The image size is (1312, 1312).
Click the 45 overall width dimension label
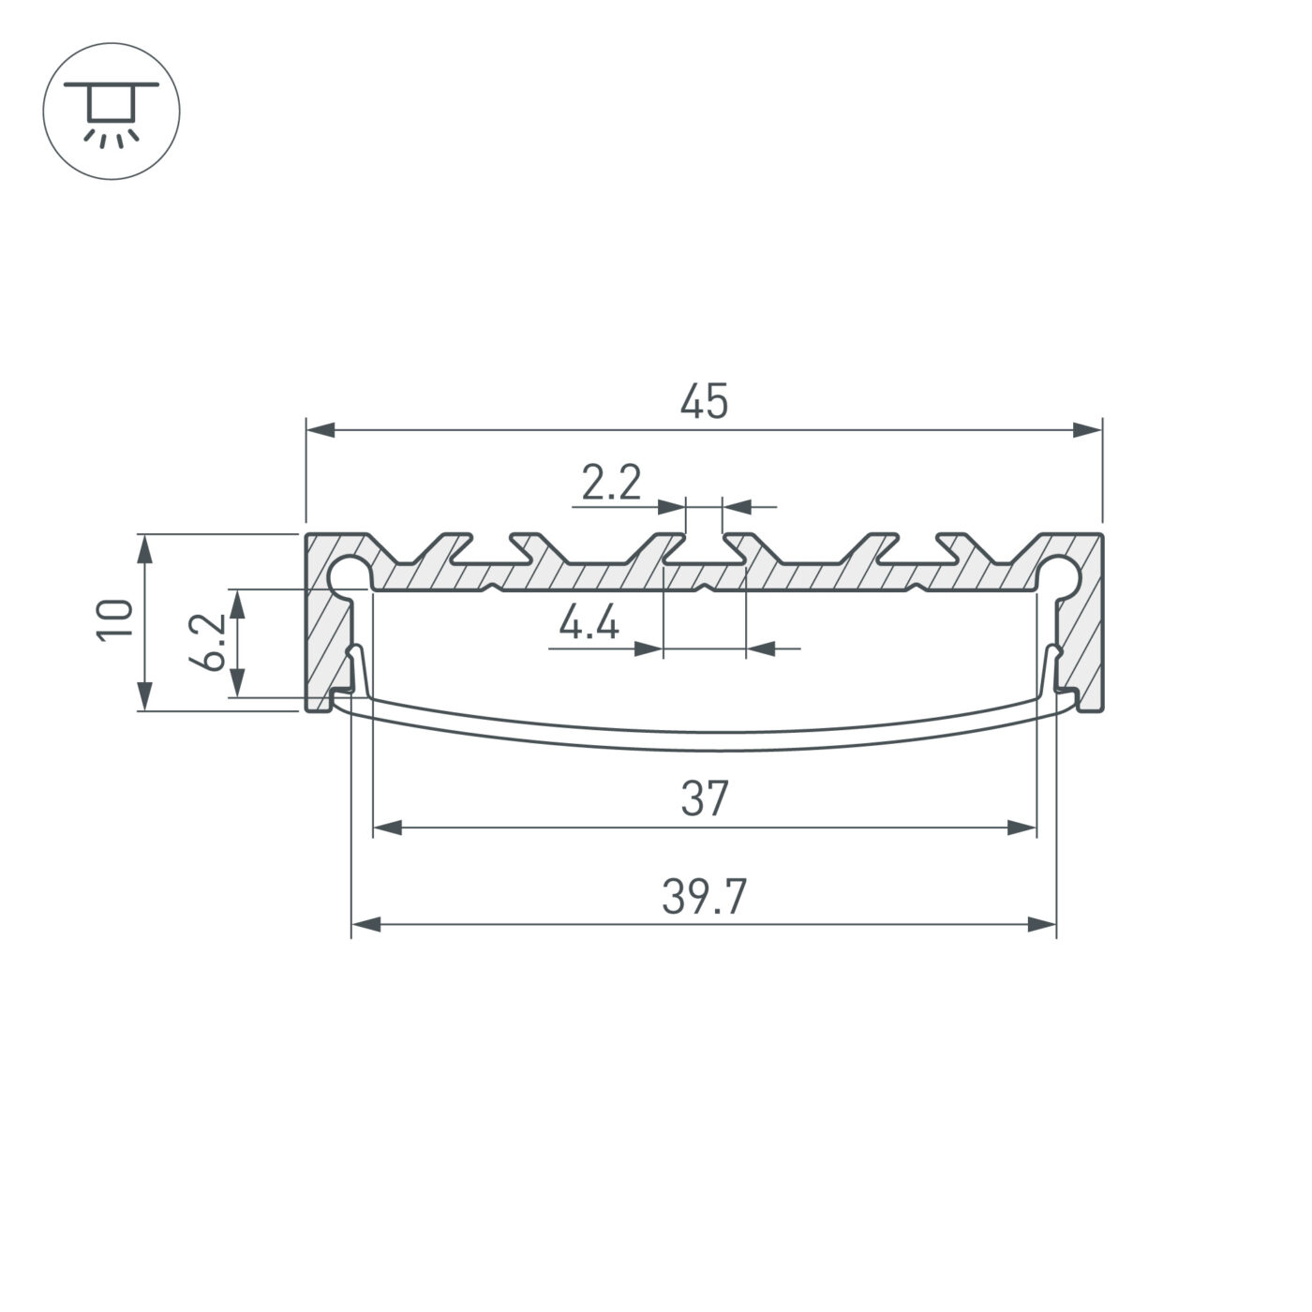point(704,402)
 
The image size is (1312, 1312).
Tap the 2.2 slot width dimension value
point(610,485)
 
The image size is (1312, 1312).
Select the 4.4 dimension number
point(589,623)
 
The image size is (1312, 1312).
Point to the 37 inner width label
point(704,800)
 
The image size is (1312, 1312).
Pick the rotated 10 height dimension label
point(116,619)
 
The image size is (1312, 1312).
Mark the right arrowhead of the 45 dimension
point(1088,430)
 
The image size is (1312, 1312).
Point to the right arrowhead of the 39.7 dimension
point(1042,925)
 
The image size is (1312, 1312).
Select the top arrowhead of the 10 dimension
point(144,548)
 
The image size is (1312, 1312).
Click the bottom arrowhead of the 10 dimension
point(144,696)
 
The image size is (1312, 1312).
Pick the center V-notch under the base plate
point(704,589)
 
